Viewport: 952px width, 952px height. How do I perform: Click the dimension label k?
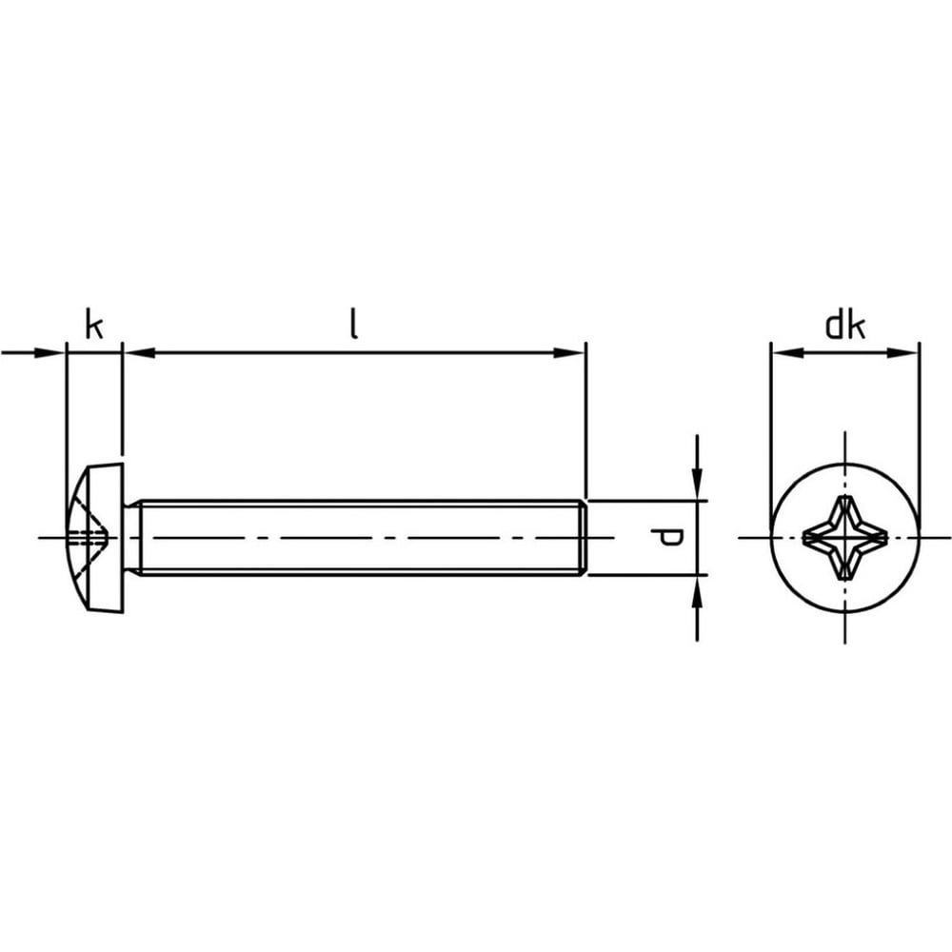coord(94,325)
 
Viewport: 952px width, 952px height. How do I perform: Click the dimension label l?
coord(354,324)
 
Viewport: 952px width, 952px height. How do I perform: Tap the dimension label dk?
coord(844,326)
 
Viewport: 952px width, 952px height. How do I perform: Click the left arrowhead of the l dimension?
coord(139,352)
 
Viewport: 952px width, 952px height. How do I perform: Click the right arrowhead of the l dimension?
coord(569,352)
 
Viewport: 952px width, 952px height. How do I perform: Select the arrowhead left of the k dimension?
coord(50,352)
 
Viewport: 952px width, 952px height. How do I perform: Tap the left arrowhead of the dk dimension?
coord(787,353)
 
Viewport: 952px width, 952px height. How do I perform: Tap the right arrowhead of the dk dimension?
coord(902,353)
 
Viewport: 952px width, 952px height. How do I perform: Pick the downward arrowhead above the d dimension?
coord(697,485)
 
